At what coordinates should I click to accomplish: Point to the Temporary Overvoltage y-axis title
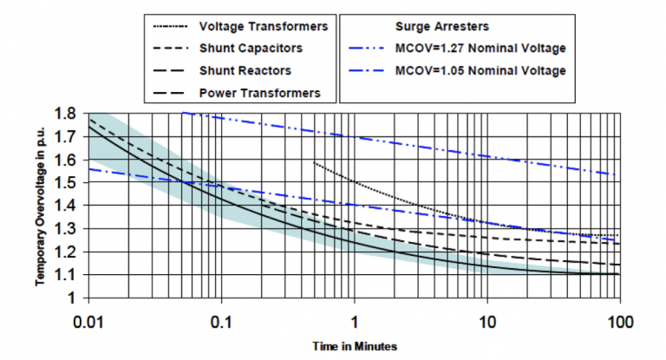pyautogui.click(x=41, y=206)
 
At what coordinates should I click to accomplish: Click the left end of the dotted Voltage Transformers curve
pyautogui.click(x=313, y=161)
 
